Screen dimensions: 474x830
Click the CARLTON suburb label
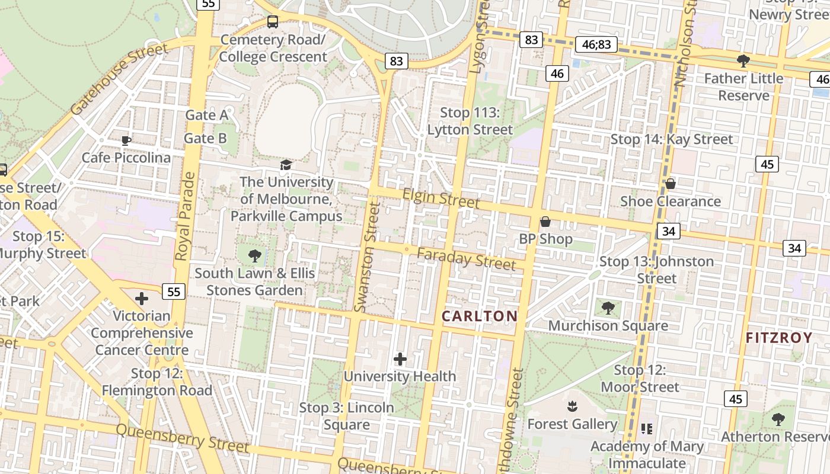[x=480, y=316]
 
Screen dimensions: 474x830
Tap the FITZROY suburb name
[x=779, y=338]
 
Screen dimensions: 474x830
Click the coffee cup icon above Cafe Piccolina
[x=126, y=140]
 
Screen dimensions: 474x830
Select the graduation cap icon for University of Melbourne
[x=286, y=165]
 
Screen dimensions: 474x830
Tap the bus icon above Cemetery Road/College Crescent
[x=273, y=22]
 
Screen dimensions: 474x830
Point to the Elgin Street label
[x=440, y=198]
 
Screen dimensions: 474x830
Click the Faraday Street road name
[x=466, y=259]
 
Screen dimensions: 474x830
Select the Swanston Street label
[x=367, y=256]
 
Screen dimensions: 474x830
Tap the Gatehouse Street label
[x=119, y=79]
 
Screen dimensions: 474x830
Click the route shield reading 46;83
[x=596, y=44]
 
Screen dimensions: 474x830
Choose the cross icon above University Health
[x=400, y=359]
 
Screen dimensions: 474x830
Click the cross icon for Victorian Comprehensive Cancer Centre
[x=142, y=298]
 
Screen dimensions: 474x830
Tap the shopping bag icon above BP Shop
[x=545, y=222]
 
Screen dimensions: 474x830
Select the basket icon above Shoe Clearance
[x=671, y=184]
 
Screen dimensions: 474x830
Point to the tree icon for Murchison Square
[x=608, y=308]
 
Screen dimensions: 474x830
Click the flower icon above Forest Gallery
[x=573, y=406]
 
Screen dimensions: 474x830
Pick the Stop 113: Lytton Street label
[x=470, y=121]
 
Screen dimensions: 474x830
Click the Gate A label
[x=206, y=115]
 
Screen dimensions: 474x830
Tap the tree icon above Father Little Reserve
[x=743, y=60]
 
